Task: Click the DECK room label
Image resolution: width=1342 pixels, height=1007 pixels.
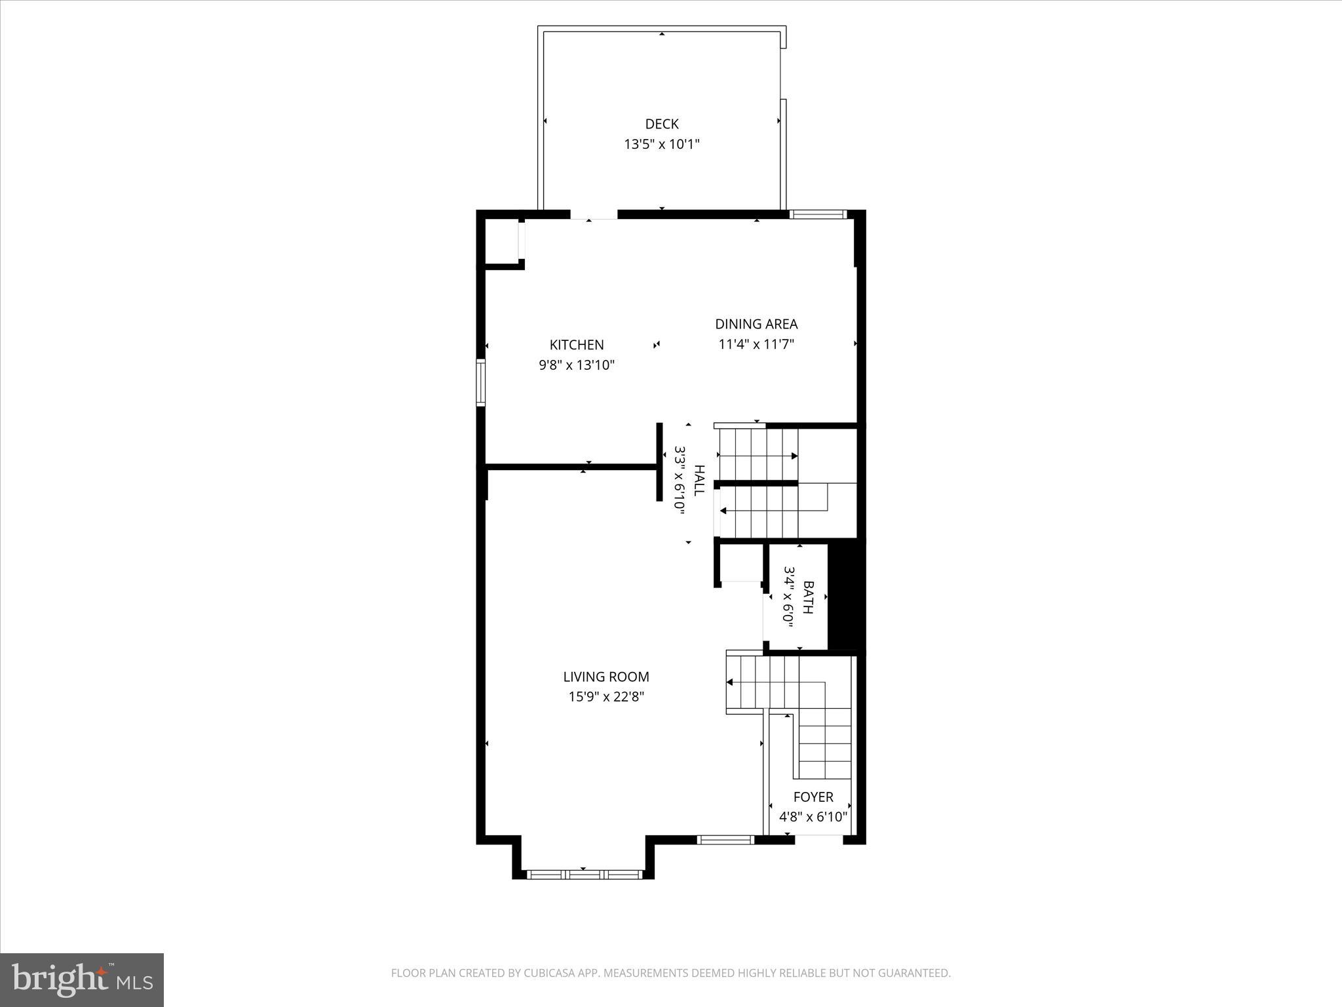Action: pos(661,124)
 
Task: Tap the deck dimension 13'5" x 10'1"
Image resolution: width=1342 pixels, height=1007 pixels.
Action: pos(661,144)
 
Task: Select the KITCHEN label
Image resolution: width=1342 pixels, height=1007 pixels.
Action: pos(576,345)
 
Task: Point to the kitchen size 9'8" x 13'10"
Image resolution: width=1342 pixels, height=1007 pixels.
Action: pos(576,365)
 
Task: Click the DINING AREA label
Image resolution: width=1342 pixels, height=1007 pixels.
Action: pos(756,324)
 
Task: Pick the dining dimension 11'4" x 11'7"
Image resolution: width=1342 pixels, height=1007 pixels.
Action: pos(756,344)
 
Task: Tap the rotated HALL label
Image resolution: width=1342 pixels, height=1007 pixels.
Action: pos(699,481)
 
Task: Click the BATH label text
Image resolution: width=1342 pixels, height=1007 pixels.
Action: pos(808,597)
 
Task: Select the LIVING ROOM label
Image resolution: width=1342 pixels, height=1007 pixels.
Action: pos(605,677)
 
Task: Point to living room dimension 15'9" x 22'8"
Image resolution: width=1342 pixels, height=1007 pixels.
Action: pos(605,697)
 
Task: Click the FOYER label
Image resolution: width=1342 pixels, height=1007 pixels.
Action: pos(813,797)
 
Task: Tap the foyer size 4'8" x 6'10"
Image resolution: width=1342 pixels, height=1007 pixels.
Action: pos(813,817)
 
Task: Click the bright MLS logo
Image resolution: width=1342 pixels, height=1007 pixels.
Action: pos(82,979)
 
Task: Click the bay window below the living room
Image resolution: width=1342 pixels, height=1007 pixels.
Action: pos(584,874)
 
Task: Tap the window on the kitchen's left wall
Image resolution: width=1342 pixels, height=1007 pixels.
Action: pos(480,383)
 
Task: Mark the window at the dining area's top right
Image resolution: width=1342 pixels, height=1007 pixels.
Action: pos(817,214)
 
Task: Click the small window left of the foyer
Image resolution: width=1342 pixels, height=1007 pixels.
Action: pos(725,839)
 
